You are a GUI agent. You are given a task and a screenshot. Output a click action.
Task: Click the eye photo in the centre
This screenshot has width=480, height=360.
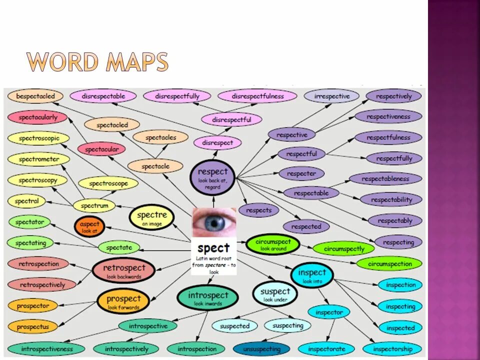point(214,222)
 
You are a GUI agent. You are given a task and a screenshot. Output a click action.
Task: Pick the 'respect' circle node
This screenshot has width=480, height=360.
point(212,176)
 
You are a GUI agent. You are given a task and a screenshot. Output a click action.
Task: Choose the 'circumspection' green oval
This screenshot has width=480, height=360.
point(390,263)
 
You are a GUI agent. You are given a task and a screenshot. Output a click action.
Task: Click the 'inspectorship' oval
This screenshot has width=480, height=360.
point(392,349)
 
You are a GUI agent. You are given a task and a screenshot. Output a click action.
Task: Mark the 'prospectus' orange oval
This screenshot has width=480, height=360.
point(33,327)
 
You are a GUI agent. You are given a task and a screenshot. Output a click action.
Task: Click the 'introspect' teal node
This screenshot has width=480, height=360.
point(208,298)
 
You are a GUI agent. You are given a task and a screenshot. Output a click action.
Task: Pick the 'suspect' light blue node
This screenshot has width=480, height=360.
point(275,294)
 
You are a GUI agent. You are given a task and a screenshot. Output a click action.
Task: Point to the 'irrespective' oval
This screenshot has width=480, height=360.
point(331,96)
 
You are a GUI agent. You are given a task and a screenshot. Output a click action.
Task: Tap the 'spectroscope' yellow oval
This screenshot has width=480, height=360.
point(108,183)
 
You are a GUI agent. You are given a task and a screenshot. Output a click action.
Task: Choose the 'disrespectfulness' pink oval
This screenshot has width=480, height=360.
point(257,96)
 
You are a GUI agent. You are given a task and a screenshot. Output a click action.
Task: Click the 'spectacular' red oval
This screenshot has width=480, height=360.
point(101,149)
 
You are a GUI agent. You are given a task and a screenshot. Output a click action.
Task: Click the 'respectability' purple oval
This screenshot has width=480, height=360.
point(391,199)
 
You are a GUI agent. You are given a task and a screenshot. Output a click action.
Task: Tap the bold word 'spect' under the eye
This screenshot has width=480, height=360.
point(213,248)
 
